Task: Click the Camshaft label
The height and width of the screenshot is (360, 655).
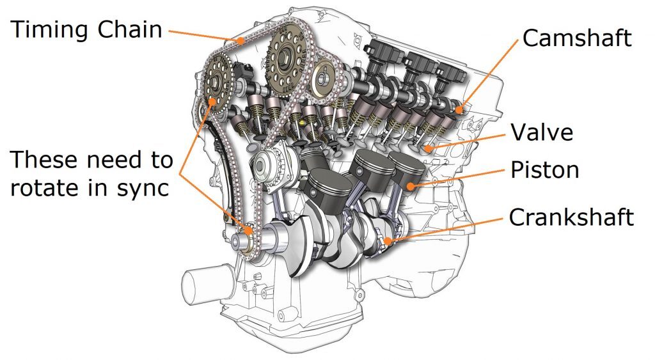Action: pyautogui.click(x=576, y=38)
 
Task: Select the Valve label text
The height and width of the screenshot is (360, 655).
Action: pyautogui.click(x=541, y=132)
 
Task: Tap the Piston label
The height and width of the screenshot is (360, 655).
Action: pyautogui.click(x=544, y=171)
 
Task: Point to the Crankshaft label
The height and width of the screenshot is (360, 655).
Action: pyautogui.click(x=571, y=217)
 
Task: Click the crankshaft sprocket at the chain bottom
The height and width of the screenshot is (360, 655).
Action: pyautogui.click(x=244, y=240)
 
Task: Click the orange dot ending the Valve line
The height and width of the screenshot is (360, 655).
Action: pyautogui.click(x=427, y=149)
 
